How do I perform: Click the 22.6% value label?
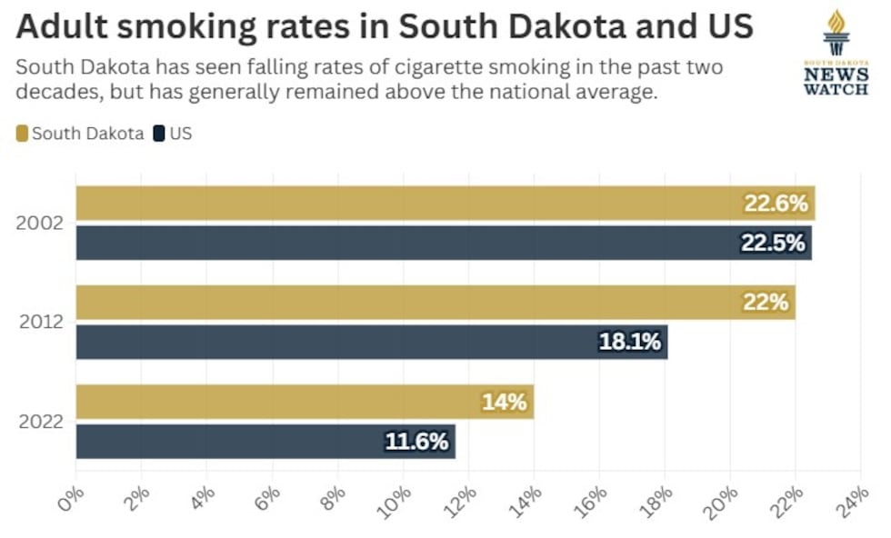(776, 204)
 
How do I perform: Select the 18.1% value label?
(631, 342)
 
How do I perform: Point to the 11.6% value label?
(417, 442)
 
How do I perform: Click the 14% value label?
(504, 402)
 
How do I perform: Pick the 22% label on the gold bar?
(766, 303)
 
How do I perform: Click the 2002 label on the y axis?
(40, 223)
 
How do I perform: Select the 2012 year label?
(40, 322)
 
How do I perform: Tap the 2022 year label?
(40, 422)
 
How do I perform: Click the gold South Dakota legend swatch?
(23, 134)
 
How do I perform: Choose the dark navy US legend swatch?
(159, 134)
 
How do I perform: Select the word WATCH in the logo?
(836, 89)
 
